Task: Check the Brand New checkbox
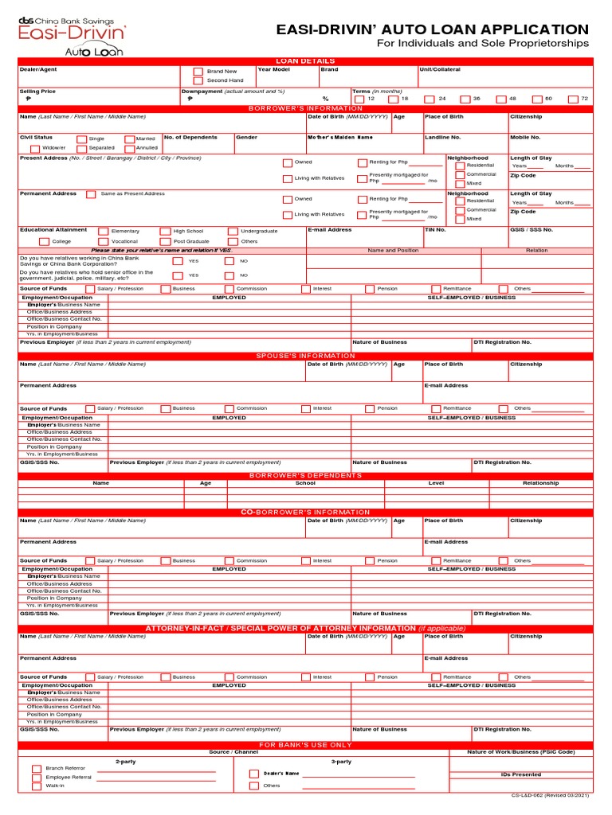point(198,72)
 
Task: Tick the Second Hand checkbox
point(198,81)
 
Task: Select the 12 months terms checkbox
point(359,99)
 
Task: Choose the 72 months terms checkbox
point(573,99)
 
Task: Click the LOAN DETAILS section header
point(305,61)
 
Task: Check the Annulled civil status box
point(129,148)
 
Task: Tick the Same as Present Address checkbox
point(91,193)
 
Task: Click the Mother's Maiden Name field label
point(339,138)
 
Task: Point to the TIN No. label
point(435,230)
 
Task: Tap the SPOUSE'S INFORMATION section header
point(305,356)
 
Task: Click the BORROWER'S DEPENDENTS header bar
point(305,475)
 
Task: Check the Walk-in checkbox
point(37,786)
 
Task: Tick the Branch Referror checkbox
point(37,769)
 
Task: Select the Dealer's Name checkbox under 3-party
point(253,774)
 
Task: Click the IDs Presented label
point(521,774)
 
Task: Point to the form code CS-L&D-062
point(550,796)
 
